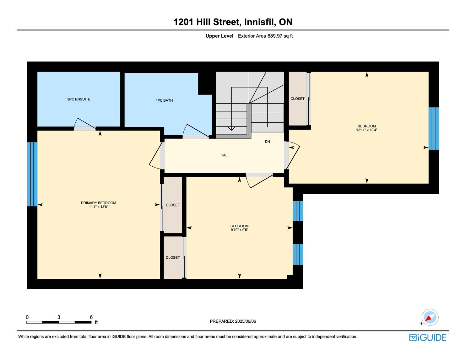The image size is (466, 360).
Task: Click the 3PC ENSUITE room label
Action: (79, 99)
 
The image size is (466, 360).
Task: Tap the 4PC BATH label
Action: (164, 100)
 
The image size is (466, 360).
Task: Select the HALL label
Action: (225, 155)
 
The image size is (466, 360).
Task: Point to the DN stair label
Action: (268, 142)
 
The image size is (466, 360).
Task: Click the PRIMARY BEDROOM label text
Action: (98, 203)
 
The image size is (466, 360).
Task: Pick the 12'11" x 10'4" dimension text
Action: (367, 130)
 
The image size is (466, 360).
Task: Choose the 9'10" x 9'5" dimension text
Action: (239, 230)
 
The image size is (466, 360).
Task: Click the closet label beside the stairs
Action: (297, 99)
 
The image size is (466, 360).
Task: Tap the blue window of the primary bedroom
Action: (32, 174)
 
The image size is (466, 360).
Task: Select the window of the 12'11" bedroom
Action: (434, 129)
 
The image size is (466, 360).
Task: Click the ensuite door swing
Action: (85, 124)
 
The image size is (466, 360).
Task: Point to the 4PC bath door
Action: (196, 131)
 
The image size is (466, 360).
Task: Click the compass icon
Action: (430, 317)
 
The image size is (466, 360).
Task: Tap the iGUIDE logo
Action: (427, 337)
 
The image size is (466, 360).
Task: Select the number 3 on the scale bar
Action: (59, 317)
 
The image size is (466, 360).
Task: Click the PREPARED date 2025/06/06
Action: (245, 321)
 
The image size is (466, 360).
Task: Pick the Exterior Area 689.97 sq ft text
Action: (265, 36)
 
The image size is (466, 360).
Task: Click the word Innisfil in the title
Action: (260, 22)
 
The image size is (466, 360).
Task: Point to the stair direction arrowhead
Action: (231, 128)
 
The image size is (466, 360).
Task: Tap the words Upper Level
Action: (219, 36)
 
